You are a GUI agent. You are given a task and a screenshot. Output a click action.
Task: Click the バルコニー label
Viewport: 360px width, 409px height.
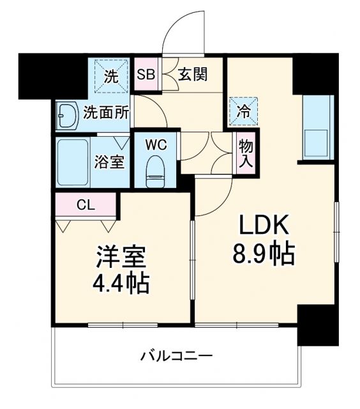click(x=176, y=355)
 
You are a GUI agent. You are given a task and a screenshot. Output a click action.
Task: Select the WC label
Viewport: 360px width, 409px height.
click(x=156, y=144)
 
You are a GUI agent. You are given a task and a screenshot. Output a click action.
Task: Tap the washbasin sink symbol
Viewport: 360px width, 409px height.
click(x=66, y=116)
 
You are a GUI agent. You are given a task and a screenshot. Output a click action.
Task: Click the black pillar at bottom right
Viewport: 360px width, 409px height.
click(x=317, y=326)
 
